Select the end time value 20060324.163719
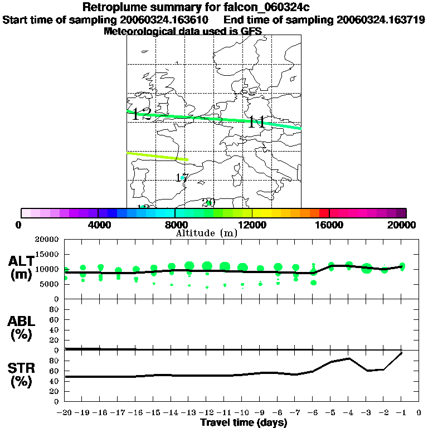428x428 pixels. tap(381, 20)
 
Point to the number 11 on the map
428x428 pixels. tap(256, 122)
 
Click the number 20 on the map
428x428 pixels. tap(208, 202)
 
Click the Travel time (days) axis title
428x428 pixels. tap(244, 422)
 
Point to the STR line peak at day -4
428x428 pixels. tap(348, 358)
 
